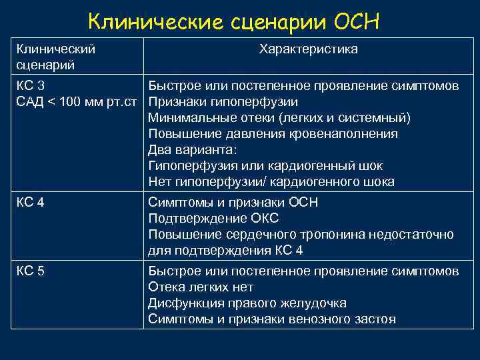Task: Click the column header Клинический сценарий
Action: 55,57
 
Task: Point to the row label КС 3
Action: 30,86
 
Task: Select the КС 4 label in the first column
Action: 30,203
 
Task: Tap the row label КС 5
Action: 30,271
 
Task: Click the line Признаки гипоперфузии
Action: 223,102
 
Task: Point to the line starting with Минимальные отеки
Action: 279,118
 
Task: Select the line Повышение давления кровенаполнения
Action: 273,134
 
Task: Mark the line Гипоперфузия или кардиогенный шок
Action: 265,166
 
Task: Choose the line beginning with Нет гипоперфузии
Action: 271,182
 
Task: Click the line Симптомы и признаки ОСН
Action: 233,203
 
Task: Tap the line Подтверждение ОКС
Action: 213,219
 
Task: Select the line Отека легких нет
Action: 201,287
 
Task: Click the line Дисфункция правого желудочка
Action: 247,303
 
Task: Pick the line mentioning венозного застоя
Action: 272,319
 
